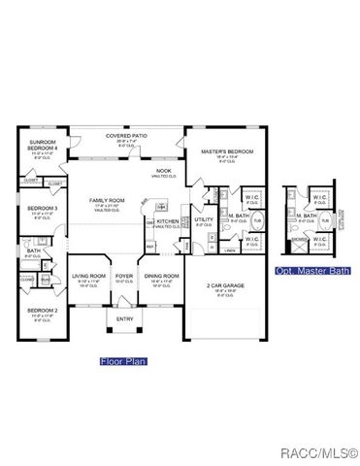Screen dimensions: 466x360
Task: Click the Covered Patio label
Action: click(x=125, y=135)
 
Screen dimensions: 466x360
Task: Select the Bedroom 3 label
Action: click(x=42, y=208)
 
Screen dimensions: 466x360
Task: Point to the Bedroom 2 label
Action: click(x=41, y=310)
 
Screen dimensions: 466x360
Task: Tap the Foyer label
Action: click(x=124, y=276)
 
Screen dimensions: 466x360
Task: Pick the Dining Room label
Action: click(x=162, y=276)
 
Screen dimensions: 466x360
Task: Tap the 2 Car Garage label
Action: click(x=223, y=286)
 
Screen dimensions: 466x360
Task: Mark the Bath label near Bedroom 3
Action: click(x=33, y=251)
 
